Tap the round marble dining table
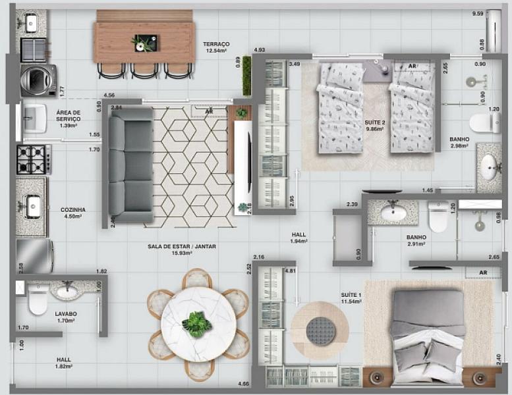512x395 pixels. point(198,323)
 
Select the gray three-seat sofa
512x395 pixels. point(130,165)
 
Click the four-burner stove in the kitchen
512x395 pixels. point(34,159)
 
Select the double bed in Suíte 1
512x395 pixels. point(429,336)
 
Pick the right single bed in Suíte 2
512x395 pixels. point(412,109)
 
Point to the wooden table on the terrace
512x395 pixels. point(144,41)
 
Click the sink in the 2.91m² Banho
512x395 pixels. point(393,211)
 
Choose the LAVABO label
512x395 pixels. point(66,315)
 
